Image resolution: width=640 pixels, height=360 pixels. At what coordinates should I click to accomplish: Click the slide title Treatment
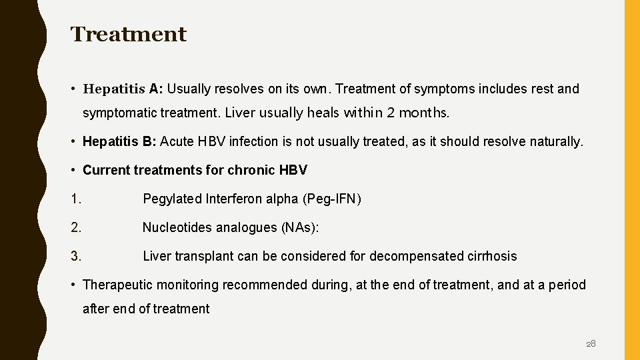(x=129, y=34)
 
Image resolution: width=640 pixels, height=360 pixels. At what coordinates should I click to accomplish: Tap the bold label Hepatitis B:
(x=119, y=141)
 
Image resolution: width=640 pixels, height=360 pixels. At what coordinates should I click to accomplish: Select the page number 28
(x=591, y=344)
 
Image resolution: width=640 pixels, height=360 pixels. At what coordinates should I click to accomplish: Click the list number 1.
(x=76, y=199)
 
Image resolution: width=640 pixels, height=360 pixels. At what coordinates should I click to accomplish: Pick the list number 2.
(x=76, y=227)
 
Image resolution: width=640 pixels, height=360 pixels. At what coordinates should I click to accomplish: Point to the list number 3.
(x=76, y=256)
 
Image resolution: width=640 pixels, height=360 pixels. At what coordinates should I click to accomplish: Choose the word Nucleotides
(x=175, y=227)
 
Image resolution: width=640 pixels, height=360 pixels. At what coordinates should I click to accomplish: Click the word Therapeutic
(x=117, y=285)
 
